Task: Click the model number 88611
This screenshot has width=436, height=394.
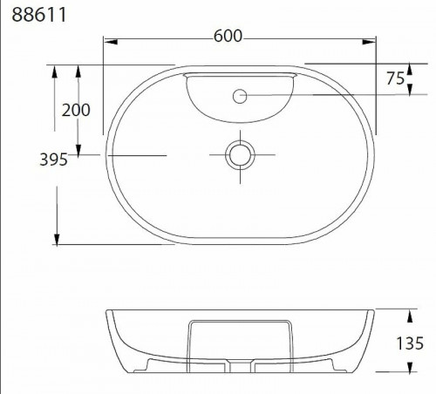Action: pyautogui.click(x=39, y=15)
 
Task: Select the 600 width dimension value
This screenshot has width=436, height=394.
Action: pyautogui.click(x=228, y=36)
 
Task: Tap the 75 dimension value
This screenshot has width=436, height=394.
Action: pyautogui.click(x=395, y=78)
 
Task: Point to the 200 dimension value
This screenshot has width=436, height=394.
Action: pyautogui.click(x=76, y=110)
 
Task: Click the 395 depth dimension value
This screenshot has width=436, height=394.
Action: pyautogui.click(x=53, y=160)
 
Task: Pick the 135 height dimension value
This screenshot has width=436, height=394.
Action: pyautogui.click(x=410, y=343)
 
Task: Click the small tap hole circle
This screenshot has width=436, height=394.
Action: pyautogui.click(x=240, y=96)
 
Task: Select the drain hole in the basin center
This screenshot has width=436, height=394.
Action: pyautogui.click(x=240, y=155)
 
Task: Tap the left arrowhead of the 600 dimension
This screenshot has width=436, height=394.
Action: pyautogui.click(x=111, y=42)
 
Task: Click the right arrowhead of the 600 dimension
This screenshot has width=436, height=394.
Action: pyautogui.click(x=369, y=42)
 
